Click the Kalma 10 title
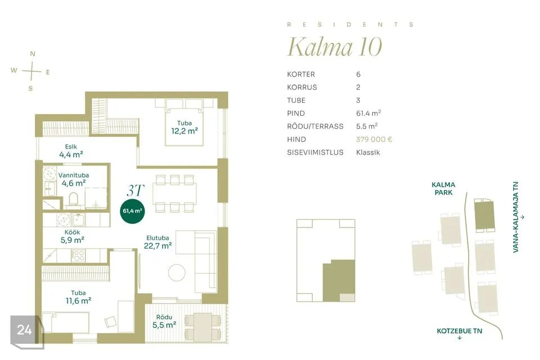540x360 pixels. (335, 47)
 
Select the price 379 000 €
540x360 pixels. (374, 139)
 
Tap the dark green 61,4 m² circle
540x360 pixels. (132, 211)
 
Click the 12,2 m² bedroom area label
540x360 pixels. (184, 131)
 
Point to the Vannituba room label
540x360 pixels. (73, 175)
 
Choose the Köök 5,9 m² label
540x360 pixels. (73, 236)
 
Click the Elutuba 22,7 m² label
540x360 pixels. (157, 242)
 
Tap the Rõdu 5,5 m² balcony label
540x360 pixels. (164, 321)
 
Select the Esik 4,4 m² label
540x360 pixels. (71, 151)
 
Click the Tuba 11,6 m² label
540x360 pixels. (78, 297)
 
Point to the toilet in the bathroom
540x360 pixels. (73, 200)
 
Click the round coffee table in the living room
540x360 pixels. (177, 272)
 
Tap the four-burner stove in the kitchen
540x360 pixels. (78, 255)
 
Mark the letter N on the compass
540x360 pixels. (33, 54)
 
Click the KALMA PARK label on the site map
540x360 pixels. (443, 188)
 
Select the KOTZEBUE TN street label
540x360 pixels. (460, 331)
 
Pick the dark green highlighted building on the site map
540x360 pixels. (484, 215)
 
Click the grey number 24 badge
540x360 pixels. (25, 330)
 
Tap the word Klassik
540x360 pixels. (368, 152)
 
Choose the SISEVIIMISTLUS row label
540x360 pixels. (315, 152)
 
